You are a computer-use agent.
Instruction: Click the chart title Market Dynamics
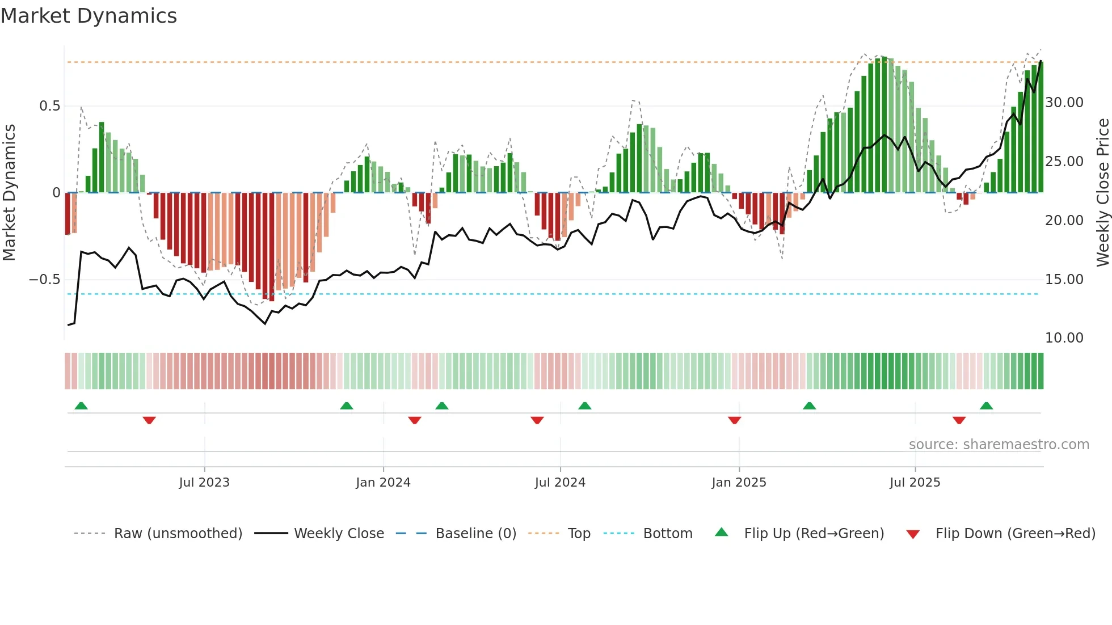point(89,16)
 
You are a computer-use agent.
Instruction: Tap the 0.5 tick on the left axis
point(49,106)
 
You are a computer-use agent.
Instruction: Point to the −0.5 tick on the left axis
point(45,280)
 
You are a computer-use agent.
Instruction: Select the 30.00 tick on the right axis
point(1064,103)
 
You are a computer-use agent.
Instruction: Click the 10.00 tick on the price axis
point(1064,338)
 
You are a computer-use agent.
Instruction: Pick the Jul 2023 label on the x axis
point(204,483)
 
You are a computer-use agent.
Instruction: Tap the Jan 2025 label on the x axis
point(739,483)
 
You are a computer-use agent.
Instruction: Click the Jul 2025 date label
point(915,483)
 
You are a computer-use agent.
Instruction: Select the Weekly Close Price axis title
point(1102,193)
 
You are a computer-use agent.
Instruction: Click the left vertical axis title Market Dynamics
point(10,193)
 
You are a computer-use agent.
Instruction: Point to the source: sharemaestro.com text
point(999,445)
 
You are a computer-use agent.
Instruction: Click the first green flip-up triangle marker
point(81,406)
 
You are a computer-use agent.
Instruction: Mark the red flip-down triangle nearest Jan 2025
point(734,420)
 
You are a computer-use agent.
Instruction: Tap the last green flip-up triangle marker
point(986,406)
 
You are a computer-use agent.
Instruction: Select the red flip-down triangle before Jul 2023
point(149,420)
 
